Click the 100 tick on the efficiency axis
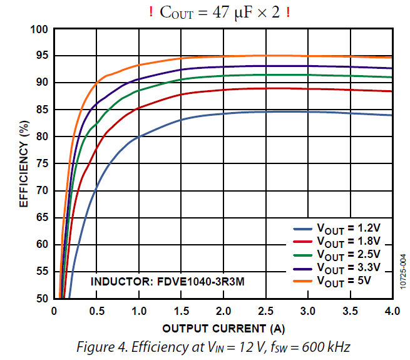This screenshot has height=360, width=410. click(x=38, y=29)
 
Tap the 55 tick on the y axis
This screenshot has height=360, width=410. click(x=41, y=272)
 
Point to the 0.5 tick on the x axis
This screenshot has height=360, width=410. click(x=96, y=311)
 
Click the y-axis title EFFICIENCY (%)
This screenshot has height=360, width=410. click(x=23, y=164)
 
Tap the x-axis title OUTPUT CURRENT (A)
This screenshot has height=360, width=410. click(x=223, y=328)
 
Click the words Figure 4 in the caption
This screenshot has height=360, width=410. click(x=103, y=346)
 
